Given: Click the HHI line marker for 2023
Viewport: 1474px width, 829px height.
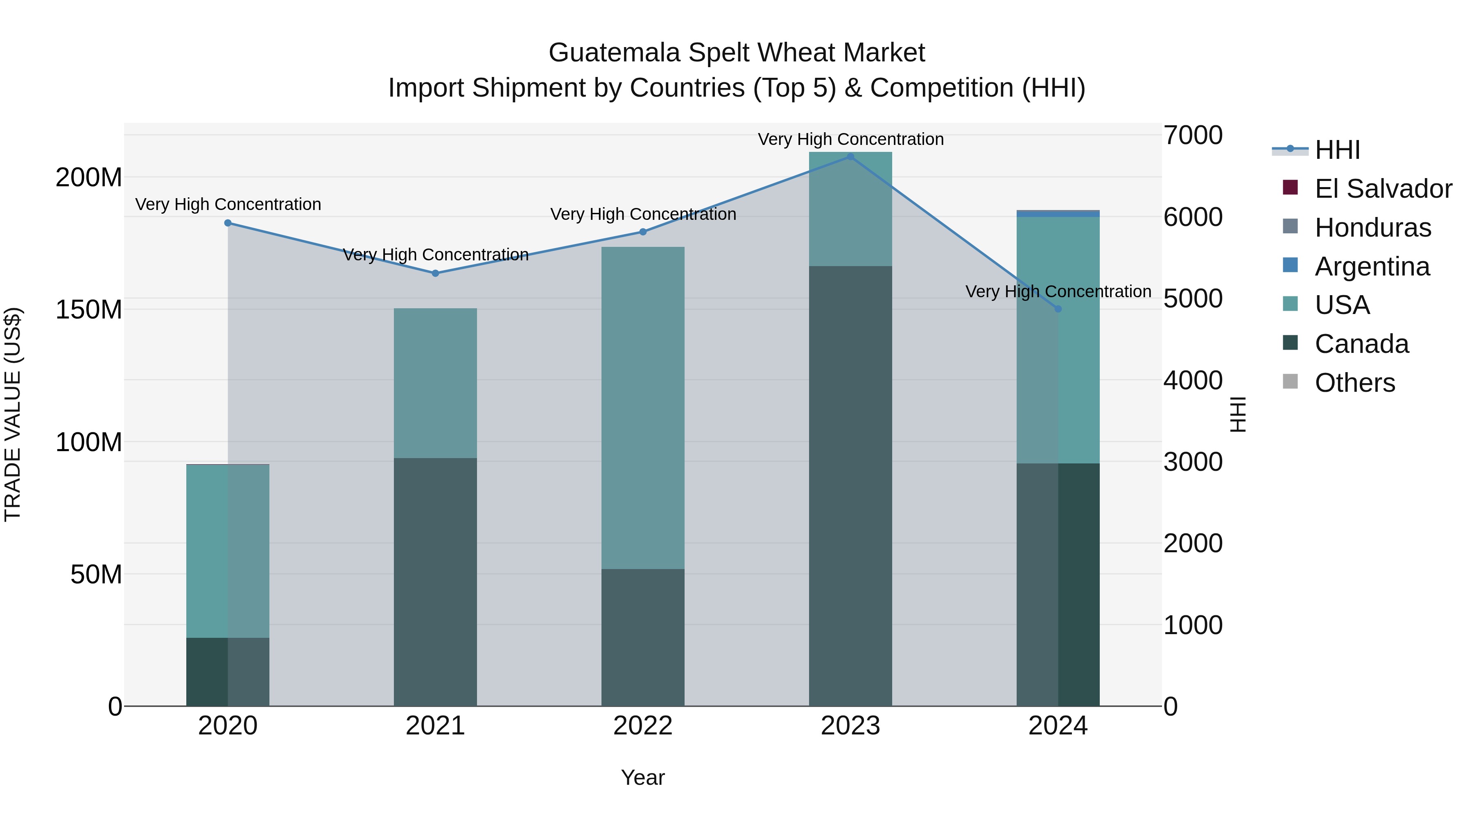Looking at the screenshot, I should [x=850, y=157].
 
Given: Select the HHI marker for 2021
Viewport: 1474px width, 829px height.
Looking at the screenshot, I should [x=436, y=273].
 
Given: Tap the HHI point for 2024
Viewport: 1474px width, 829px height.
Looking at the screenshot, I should [x=1058, y=309].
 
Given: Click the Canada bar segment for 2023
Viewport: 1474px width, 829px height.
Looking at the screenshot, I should [x=850, y=486].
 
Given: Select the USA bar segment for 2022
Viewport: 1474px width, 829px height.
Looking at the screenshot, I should [x=642, y=407].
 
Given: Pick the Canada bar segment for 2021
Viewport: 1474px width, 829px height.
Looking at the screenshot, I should [x=436, y=582].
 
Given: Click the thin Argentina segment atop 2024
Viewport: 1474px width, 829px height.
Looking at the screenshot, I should [x=1058, y=213].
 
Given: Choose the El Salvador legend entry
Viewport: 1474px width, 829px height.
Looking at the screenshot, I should [x=1383, y=189].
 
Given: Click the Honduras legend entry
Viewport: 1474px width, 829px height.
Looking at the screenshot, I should [x=1373, y=228].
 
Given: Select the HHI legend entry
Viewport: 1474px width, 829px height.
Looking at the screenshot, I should [x=1337, y=150].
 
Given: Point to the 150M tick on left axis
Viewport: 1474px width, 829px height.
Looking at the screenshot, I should [x=89, y=309].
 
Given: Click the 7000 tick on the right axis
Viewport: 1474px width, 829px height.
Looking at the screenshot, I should [x=1193, y=136].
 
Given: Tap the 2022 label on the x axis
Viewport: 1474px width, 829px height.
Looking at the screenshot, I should [x=642, y=726].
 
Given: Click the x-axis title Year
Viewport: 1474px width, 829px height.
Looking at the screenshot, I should [x=642, y=777].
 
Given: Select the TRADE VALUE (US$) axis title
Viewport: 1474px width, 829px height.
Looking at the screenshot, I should [x=13, y=414].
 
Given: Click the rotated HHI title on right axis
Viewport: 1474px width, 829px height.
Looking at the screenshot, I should [x=1238, y=414].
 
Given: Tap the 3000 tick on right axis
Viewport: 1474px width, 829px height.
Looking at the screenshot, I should [x=1193, y=462].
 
